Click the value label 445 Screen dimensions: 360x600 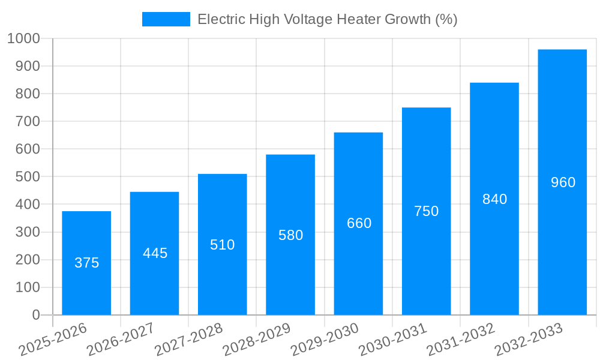click(155, 253)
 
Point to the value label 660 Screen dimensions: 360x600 click(359, 223)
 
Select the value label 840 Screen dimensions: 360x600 click(494, 199)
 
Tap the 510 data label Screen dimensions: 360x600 click(223, 245)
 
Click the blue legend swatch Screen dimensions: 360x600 click(166, 19)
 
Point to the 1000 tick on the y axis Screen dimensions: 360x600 click(24, 38)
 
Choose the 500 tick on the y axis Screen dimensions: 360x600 click(28, 177)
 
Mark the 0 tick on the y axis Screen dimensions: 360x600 click(35, 315)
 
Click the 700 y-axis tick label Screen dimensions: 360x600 click(28, 122)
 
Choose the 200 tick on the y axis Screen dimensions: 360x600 click(28, 260)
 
